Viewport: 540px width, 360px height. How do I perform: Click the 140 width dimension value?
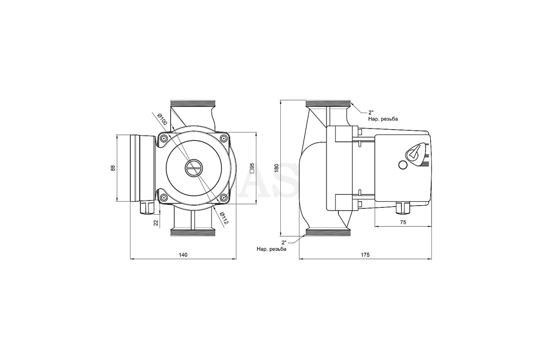(183, 255)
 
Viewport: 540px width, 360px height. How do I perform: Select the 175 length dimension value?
(365, 255)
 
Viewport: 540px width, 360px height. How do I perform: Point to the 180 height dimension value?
(276, 168)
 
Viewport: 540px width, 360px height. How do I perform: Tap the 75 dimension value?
(403, 222)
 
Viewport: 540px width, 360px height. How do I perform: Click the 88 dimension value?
(113, 168)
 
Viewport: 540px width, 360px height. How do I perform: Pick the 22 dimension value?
(156, 223)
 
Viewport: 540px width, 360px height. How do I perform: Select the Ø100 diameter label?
(162, 119)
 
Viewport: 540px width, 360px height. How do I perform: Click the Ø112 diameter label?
(223, 218)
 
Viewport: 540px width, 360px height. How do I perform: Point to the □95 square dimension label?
(252, 168)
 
